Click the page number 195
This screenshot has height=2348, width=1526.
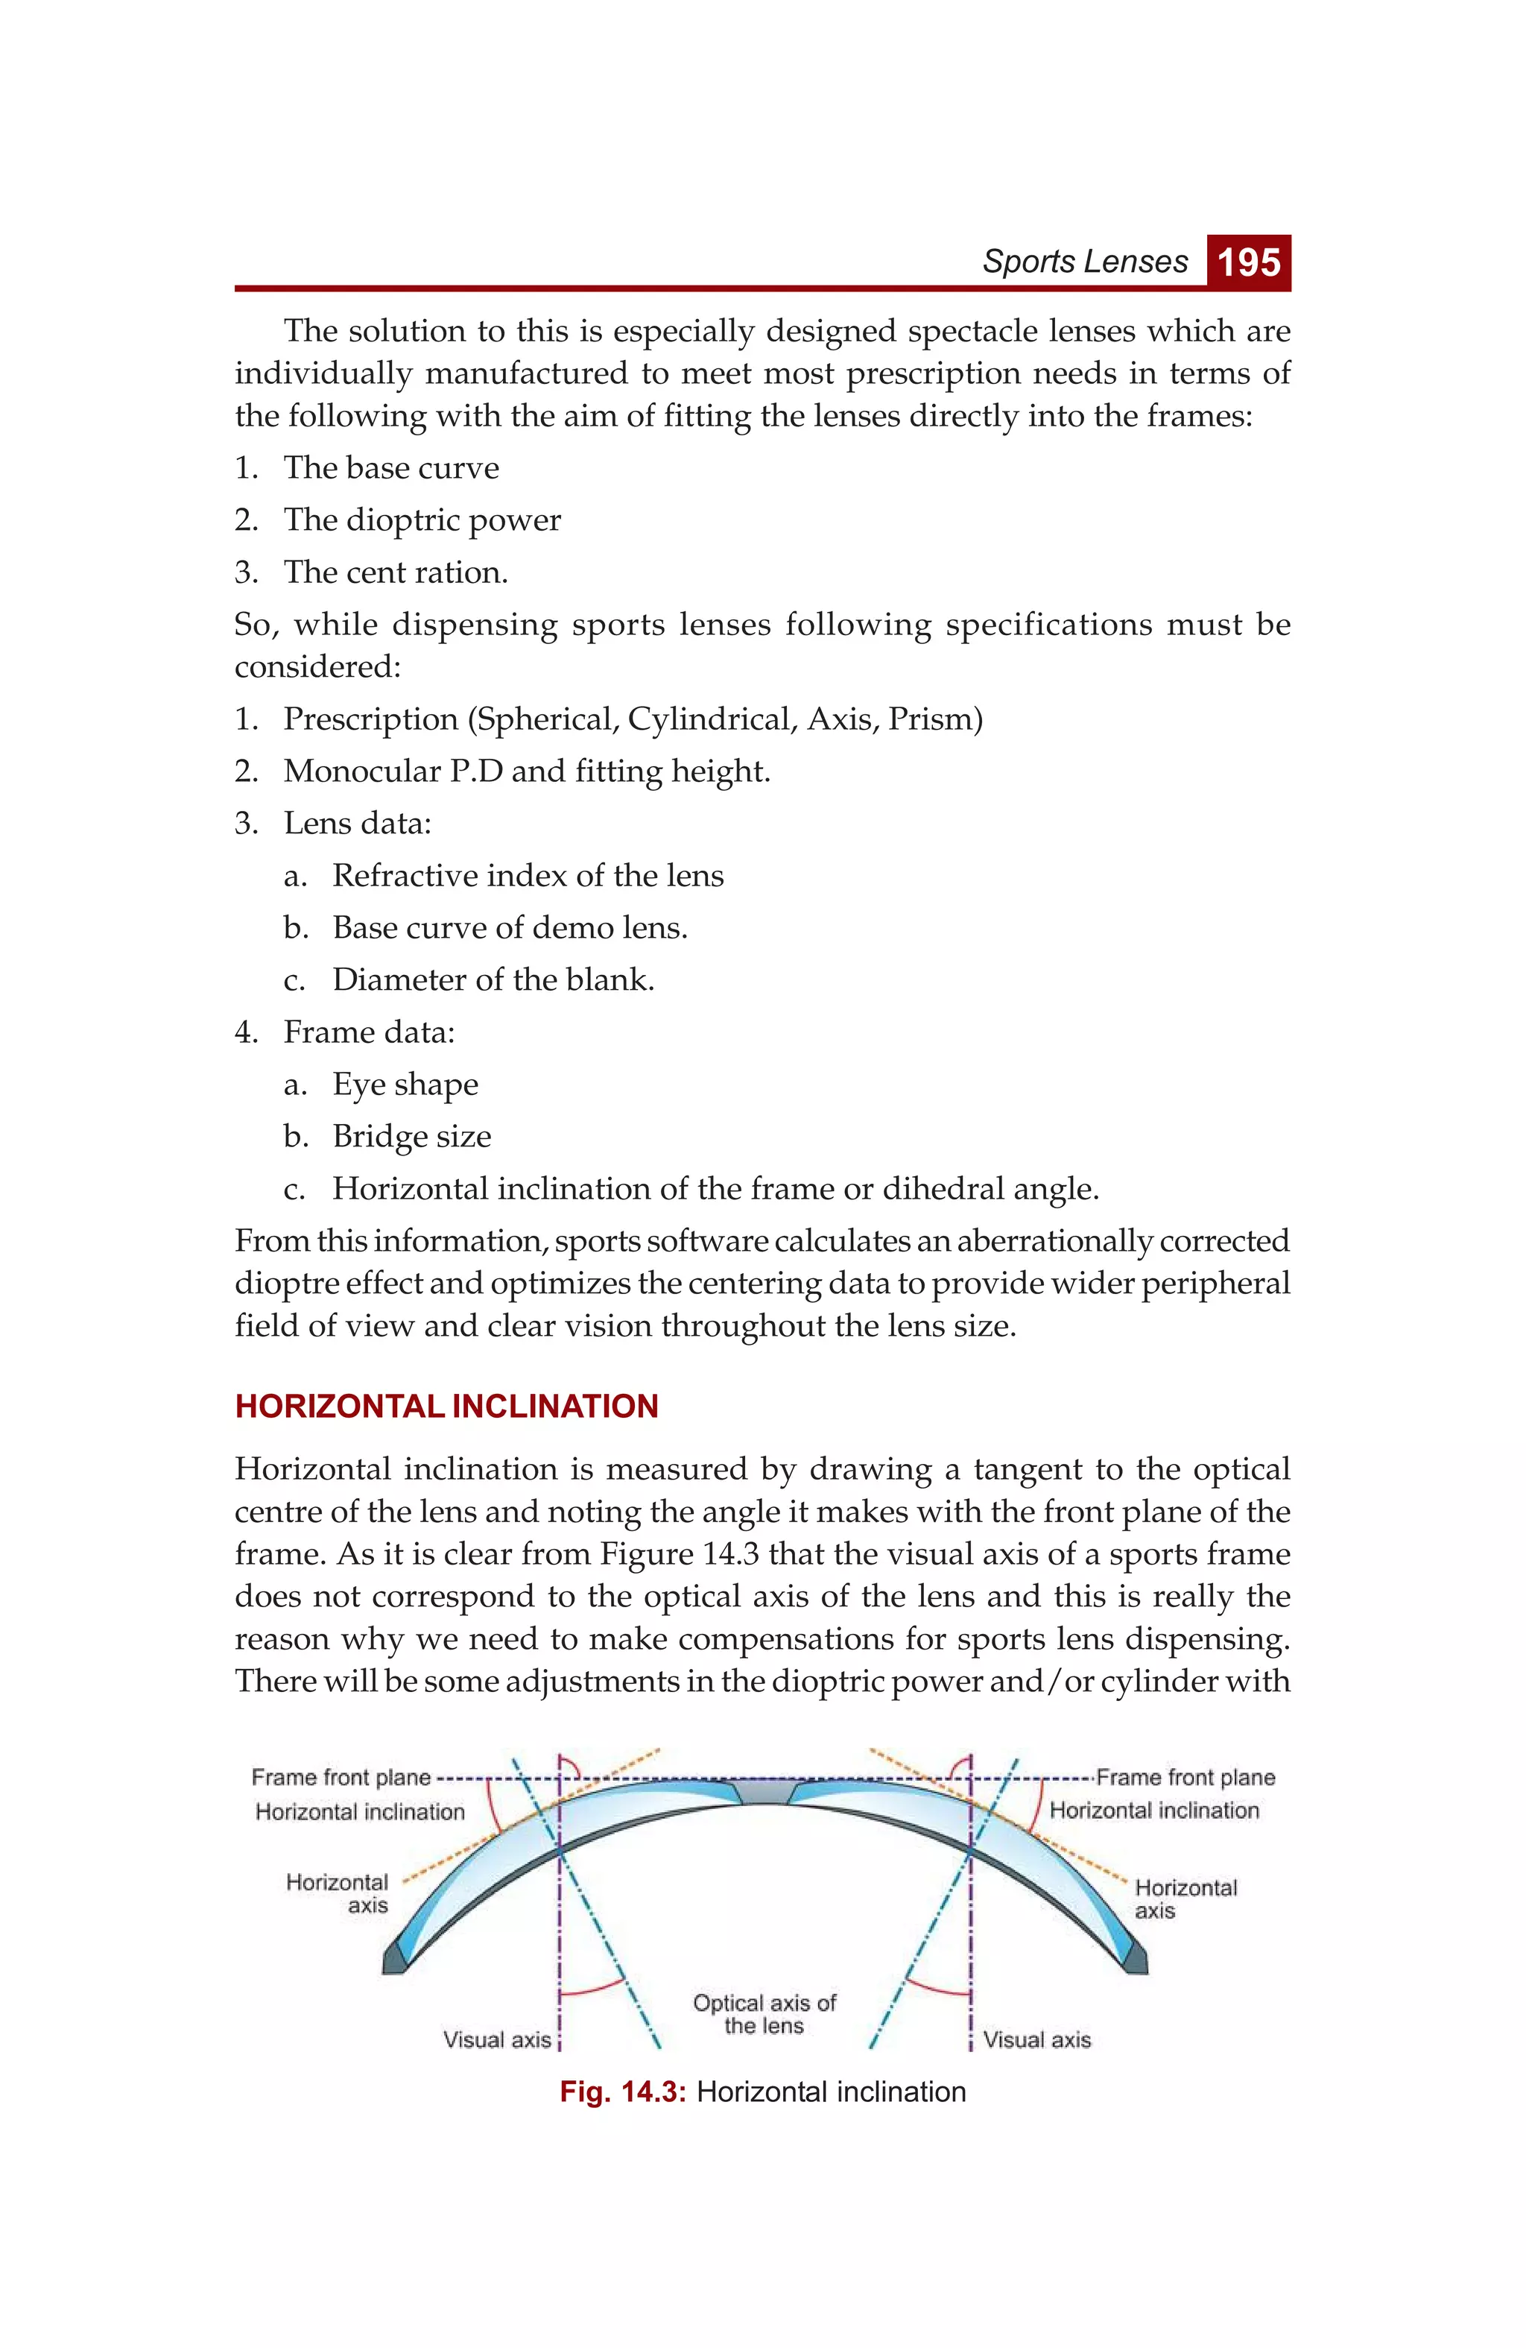click(x=1248, y=262)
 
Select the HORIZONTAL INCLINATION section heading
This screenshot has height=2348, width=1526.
click(x=446, y=1406)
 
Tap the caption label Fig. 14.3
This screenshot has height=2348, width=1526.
click(x=622, y=2092)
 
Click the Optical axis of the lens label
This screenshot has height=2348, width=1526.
click(x=764, y=2013)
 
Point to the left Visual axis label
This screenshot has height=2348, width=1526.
click(x=496, y=2039)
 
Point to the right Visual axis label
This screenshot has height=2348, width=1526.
click(x=1036, y=2039)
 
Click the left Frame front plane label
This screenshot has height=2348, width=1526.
click(x=341, y=1777)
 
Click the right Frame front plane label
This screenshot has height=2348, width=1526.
click(x=1185, y=1777)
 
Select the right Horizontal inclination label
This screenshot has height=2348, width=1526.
click(x=1154, y=1811)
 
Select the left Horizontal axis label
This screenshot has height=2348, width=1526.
click(x=338, y=1893)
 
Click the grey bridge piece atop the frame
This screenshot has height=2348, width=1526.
click(x=764, y=1790)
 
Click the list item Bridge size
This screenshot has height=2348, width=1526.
click(x=411, y=1137)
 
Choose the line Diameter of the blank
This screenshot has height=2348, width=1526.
click(x=493, y=979)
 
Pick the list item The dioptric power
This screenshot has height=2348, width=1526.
click(x=422, y=520)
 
